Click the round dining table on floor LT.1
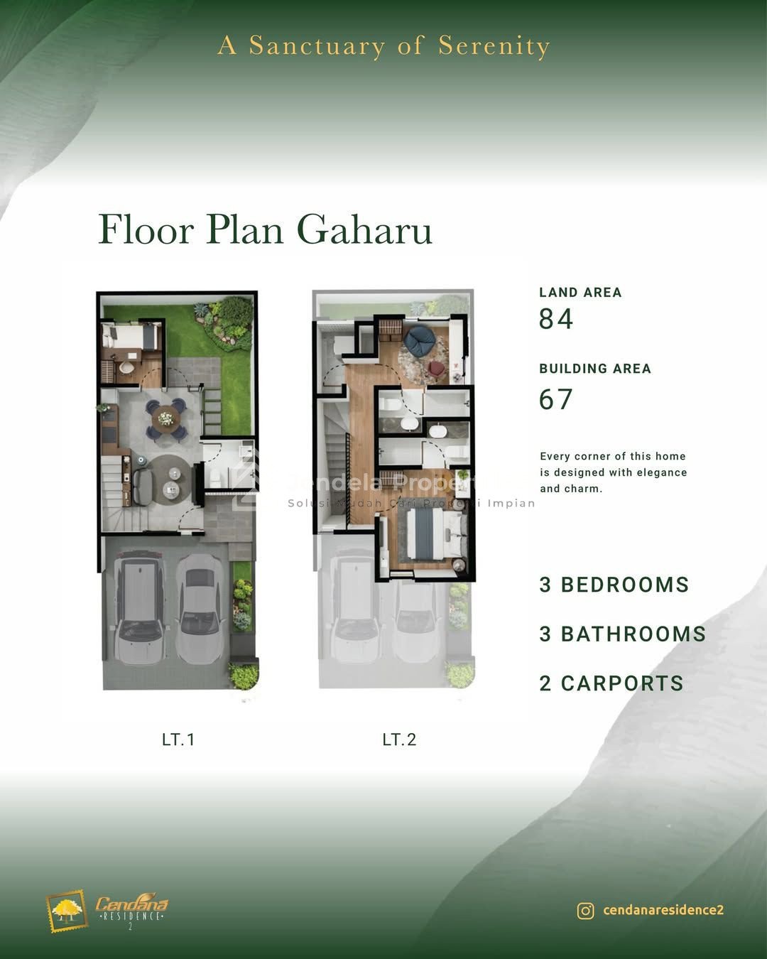coord(165,419)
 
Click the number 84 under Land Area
coord(555,319)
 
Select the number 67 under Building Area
coord(555,399)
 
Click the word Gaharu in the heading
coord(364,229)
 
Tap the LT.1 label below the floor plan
coord(178,739)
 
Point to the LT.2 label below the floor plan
coord(399,739)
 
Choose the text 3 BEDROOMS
coord(614,585)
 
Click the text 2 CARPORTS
coord(611,683)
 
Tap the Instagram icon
coord(585,911)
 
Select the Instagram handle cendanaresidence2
coord(663,910)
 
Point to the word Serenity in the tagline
coord(494,46)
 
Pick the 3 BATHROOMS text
coord(623,634)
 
